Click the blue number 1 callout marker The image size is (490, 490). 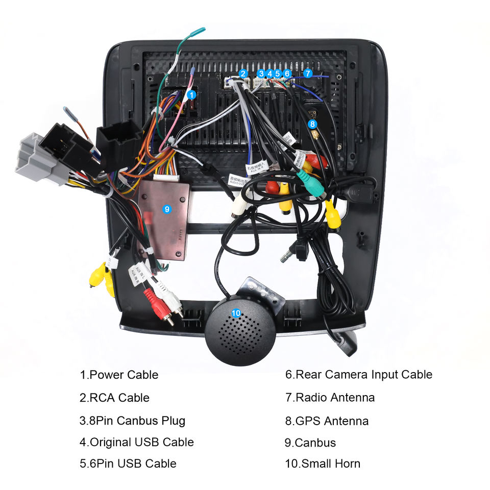pos(191,94)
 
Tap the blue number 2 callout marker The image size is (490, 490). pos(243,73)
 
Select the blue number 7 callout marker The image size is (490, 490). pos(308,73)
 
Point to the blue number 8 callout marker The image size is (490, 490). pos(313,124)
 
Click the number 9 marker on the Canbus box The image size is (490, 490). pos(165,208)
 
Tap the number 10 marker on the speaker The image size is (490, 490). pos(236,313)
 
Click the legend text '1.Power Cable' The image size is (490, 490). pos(119,375)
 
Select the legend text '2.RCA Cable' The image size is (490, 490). pos(115,398)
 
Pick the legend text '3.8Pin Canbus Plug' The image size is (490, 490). pos(132,421)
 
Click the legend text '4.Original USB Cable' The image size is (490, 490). pos(137,442)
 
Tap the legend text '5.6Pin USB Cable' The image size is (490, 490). pos(128,464)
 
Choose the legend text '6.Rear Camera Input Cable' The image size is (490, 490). pos(358,375)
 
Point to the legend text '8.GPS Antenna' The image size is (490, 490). pos(327,421)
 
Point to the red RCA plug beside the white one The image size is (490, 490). pos(156,305)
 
